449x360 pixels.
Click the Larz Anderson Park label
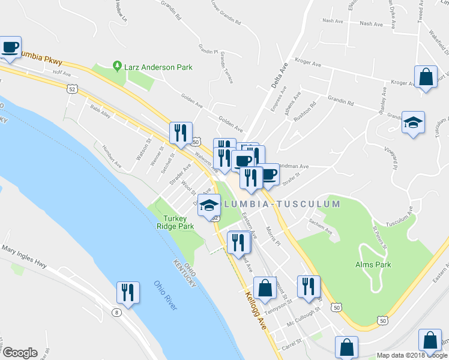[158, 67]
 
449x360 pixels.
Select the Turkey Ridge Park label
[179, 223]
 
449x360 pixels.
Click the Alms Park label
[373, 265]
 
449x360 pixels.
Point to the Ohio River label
[165, 296]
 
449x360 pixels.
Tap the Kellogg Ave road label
[255, 307]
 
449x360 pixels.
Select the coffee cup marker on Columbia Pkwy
[10, 47]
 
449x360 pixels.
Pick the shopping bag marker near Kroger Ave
[426, 77]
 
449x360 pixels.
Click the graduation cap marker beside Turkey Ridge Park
[209, 205]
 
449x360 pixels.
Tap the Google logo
[19, 353]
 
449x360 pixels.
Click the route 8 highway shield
[115, 313]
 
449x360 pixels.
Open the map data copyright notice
[412, 355]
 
